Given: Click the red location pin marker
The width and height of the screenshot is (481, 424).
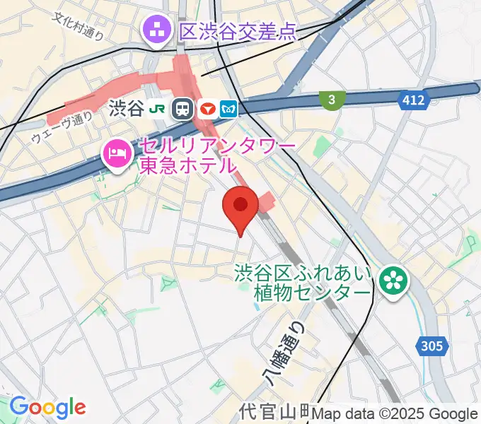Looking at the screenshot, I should tap(240, 206).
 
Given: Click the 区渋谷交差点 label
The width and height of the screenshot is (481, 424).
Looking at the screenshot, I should tap(237, 31).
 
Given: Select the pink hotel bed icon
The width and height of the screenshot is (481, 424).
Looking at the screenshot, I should tap(115, 153).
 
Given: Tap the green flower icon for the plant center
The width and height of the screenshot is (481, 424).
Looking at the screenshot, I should tap(390, 281).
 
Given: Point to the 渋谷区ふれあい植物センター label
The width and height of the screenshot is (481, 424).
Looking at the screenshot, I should tap(304, 282).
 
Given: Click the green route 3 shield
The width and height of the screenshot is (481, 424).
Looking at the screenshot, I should tap(330, 100).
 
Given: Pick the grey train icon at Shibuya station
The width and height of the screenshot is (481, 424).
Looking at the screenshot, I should tap(183, 108).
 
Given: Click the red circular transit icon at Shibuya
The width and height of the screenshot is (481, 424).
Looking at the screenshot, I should tap(207, 108).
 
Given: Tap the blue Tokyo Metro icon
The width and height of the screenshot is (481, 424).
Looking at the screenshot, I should tap(230, 108).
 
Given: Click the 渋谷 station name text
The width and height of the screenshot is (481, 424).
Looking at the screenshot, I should tap(127, 108).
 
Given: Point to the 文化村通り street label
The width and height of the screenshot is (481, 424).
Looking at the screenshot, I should tap(78, 25).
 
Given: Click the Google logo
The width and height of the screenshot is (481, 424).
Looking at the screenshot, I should tap(47, 407).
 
